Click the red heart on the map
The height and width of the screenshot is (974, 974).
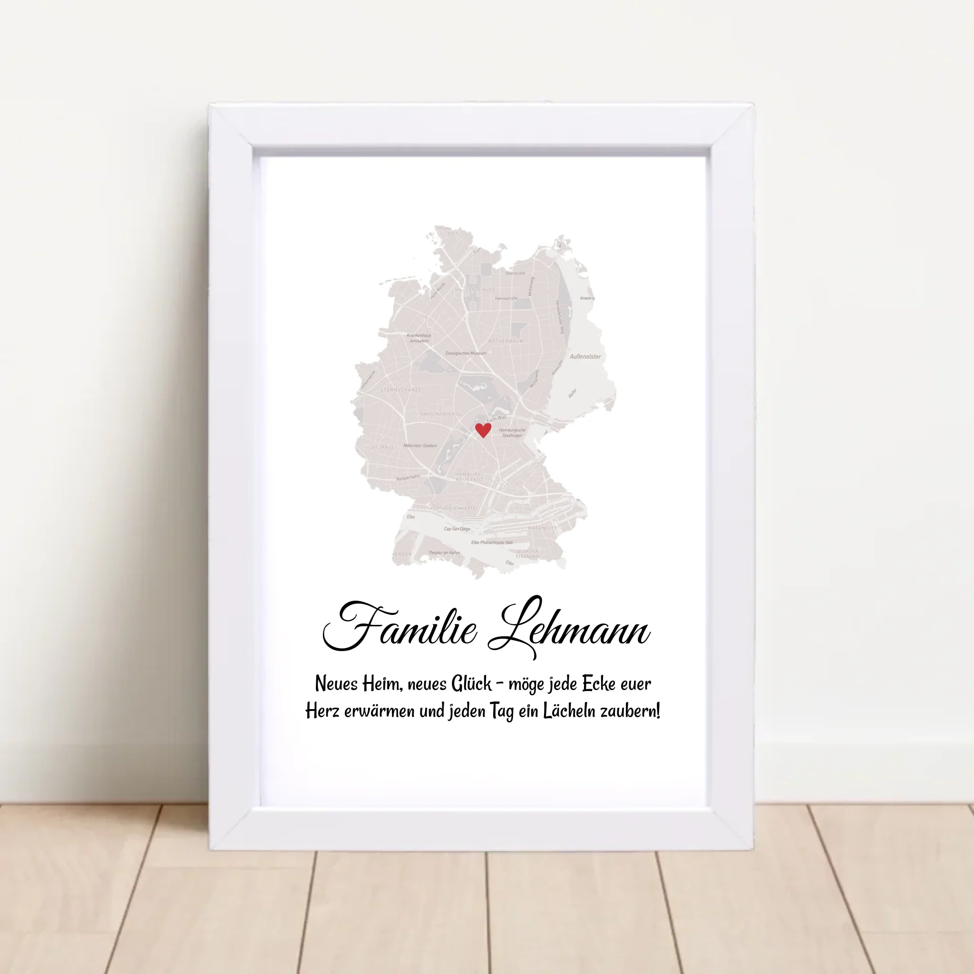point(483,430)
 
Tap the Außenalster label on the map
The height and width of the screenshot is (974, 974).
point(585,356)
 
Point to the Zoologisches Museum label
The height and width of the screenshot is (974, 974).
point(465,353)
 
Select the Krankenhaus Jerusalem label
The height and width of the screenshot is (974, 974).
point(419,338)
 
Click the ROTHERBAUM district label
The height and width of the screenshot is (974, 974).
point(506,341)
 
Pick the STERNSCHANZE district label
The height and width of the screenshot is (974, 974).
point(401,390)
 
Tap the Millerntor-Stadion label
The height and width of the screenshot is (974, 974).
point(420,446)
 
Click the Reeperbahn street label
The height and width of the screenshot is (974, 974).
point(409,477)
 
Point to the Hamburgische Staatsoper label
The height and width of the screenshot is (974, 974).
point(512,433)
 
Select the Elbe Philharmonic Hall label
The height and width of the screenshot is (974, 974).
point(492,543)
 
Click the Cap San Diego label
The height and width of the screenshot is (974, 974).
point(457,529)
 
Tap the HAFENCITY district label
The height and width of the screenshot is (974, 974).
point(543,528)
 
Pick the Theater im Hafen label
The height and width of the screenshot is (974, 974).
point(444,553)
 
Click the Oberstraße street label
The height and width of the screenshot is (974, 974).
point(515,273)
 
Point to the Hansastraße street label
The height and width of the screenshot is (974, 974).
point(506,299)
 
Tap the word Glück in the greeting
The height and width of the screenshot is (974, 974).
point(471,684)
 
